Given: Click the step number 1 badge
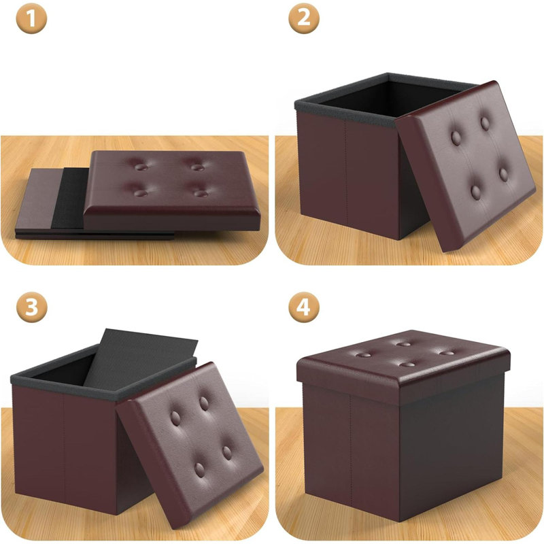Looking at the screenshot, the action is pos(31,18).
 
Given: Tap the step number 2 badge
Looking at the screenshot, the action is pos(304,18).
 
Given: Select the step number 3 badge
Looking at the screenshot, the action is pos(31,307).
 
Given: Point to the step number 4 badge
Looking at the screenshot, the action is pos(304,307).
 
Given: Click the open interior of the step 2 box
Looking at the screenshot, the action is pos(388,98).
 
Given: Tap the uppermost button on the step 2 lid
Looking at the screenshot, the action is pos(485,124).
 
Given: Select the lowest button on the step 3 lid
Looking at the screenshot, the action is pos(199,470).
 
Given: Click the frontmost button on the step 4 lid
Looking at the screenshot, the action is pos(407,364).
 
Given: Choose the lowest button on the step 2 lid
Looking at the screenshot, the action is pos(476,192).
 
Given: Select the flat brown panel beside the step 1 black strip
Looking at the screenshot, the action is pos(37,199).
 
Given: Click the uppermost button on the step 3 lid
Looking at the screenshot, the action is pos(204,403).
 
